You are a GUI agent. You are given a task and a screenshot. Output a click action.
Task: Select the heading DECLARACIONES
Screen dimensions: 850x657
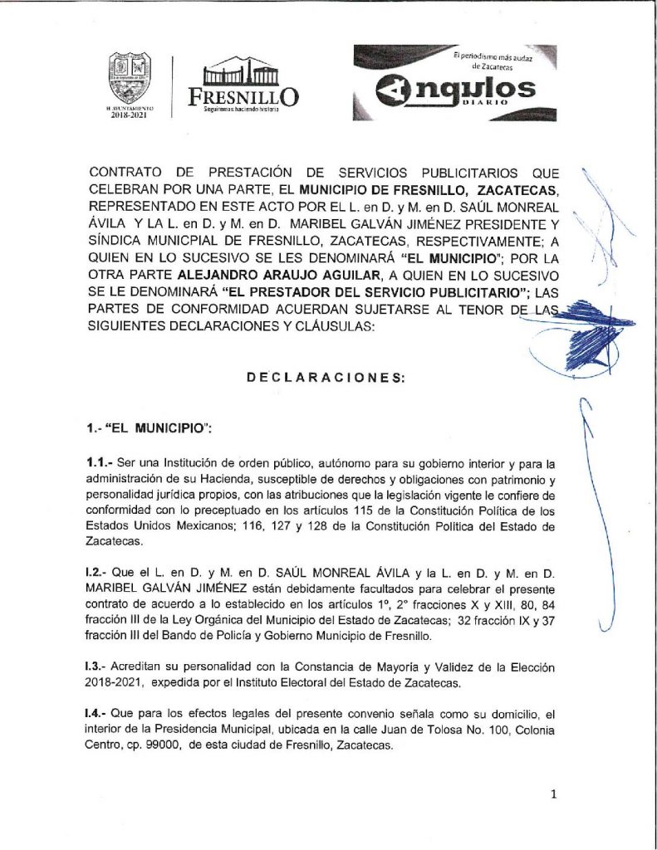point(326,378)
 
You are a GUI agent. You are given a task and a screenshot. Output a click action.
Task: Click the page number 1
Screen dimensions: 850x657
point(553,794)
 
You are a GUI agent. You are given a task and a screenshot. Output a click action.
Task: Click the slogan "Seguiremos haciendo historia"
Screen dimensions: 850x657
point(241,110)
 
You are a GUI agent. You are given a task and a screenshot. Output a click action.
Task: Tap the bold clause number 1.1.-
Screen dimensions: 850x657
point(102,459)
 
